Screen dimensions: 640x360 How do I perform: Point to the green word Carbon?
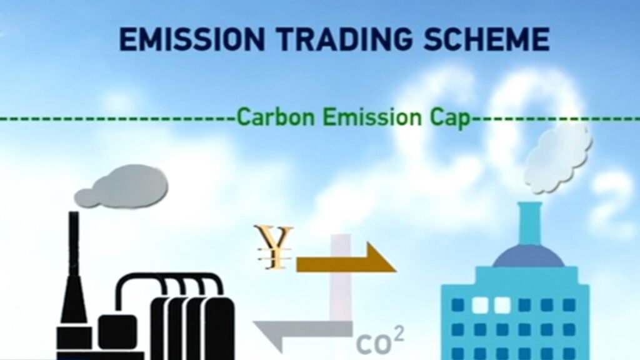coord(276,117)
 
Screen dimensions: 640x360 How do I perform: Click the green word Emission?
coord(372,117)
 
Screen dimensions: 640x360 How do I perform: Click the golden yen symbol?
coord(275,247)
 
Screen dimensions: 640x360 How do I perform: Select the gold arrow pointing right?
coord(346,257)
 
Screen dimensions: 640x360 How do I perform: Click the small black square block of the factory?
coord(118,331)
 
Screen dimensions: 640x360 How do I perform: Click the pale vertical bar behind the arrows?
coord(341,277)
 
